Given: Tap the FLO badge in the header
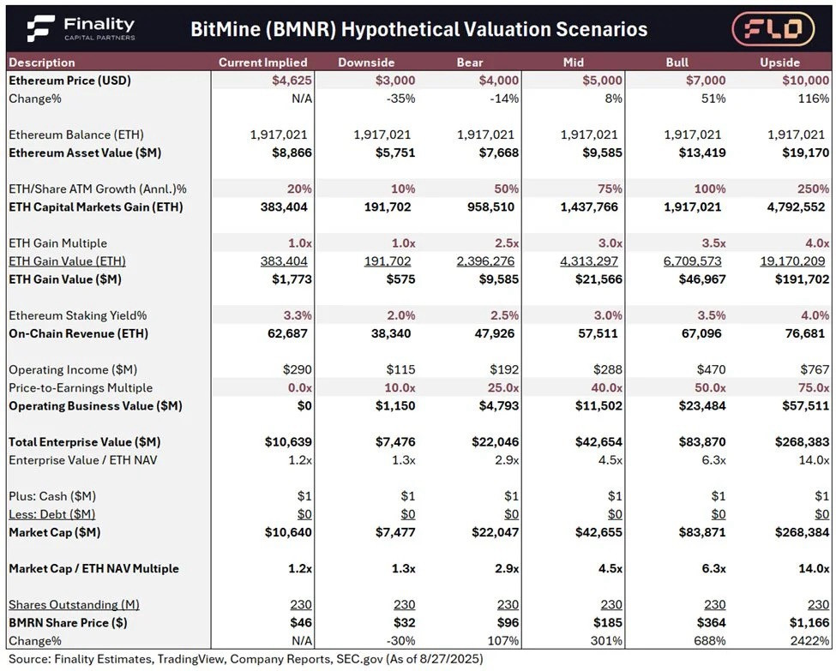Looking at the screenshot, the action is pos(773,28).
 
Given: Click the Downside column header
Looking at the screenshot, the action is pos(366,63).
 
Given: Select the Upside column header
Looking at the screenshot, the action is pos(780,63).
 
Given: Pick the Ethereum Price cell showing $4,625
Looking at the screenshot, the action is pos(292,81).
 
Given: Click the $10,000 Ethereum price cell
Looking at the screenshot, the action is pos(806,81).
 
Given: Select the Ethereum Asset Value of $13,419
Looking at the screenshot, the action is pos(702,153).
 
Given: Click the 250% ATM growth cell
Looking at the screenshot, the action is pos(813,189).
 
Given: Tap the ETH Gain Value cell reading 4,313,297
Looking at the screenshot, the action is pos(589,261).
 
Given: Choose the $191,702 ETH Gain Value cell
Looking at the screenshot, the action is pos(803,279).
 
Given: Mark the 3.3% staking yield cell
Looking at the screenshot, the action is pos(298,315).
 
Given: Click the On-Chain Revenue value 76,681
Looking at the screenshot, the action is pos(805,333).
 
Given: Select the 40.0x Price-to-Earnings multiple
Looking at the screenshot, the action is pos(606,388).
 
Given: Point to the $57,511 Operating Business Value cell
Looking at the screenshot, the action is pos(806,406).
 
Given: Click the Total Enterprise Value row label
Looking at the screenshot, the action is pos(85,442).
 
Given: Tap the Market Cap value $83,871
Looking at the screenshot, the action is pos(702,532).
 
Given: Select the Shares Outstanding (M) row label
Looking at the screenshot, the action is pos(74,605).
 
